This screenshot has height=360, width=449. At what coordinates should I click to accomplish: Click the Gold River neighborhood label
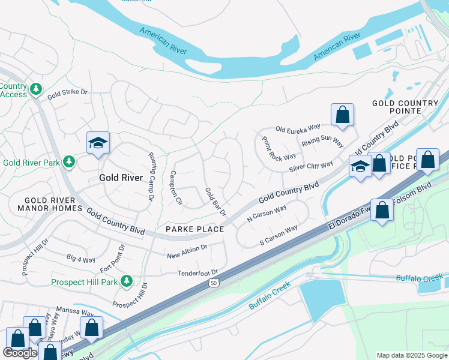121,178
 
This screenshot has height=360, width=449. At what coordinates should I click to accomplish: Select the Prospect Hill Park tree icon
126,280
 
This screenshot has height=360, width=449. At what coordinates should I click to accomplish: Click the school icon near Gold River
98,143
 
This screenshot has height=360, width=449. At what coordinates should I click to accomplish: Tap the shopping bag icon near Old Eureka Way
342,115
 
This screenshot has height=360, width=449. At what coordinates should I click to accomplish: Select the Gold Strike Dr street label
67,92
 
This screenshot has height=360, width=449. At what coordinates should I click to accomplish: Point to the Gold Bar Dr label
215,202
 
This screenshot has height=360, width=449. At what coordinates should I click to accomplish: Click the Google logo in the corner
20,353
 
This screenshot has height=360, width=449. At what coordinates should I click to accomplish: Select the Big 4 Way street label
81,259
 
